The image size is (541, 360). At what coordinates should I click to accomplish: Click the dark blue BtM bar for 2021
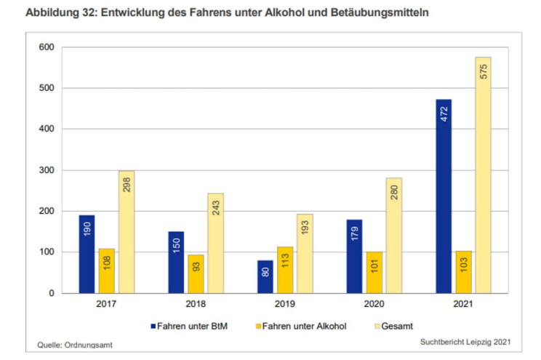point(444,196)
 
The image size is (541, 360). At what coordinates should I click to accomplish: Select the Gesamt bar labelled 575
point(483,175)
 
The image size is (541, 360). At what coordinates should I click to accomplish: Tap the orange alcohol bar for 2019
point(285,270)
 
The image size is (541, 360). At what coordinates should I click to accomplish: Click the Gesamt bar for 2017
point(127,232)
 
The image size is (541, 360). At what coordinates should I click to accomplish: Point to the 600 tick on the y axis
point(47,47)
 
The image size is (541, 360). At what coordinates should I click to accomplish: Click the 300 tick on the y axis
point(47,170)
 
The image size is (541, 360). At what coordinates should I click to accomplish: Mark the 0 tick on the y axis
point(51,293)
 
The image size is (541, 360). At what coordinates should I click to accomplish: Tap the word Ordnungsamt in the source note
point(89,345)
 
